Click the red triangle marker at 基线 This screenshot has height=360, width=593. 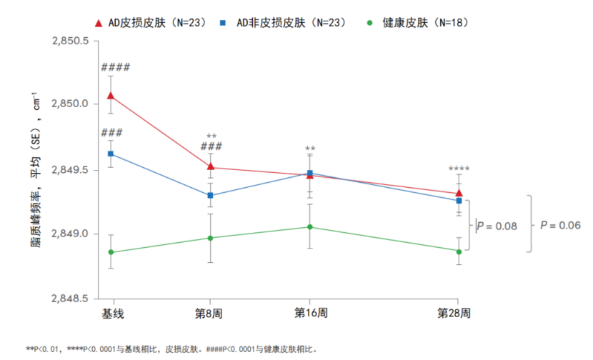(111, 96)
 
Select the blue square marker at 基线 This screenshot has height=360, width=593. (111, 154)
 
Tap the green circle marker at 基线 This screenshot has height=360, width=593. (111, 252)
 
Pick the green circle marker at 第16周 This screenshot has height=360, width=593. (309, 227)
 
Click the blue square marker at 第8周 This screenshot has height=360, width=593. (210, 195)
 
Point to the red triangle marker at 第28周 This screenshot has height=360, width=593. (459, 193)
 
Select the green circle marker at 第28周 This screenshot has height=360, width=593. (459, 251)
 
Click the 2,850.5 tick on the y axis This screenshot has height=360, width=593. (70, 41)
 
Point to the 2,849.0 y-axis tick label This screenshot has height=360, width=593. (70, 234)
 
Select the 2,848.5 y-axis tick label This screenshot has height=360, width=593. (70, 298)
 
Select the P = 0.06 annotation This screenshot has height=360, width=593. (560, 225)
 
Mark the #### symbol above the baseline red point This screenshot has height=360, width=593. (115, 67)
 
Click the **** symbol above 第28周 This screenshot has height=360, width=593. (459, 169)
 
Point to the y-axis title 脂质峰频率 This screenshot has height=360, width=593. (34, 207)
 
